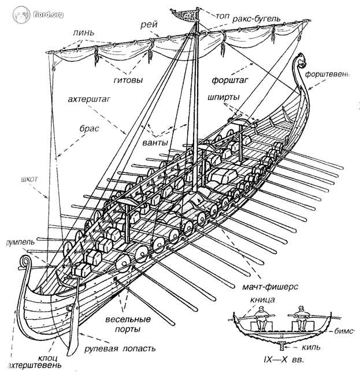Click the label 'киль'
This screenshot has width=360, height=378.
point(310,349)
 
